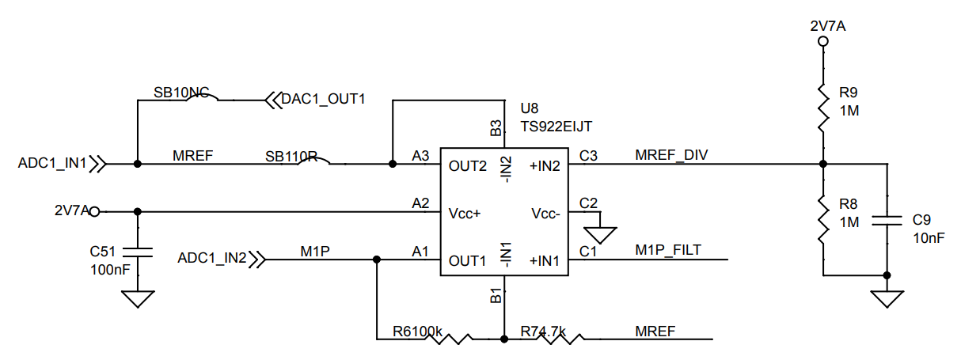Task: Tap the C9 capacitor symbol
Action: coord(887,219)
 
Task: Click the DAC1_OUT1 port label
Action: coord(323,100)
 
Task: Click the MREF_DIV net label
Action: coord(671,155)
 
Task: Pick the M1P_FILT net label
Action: coord(668,251)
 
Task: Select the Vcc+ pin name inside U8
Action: coord(465,213)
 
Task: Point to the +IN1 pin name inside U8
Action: coord(545,260)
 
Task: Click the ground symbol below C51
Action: coord(138,299)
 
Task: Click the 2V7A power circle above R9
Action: coord(823,41)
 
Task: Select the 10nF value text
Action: coord(929,237)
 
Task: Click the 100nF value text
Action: coord(109,270)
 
